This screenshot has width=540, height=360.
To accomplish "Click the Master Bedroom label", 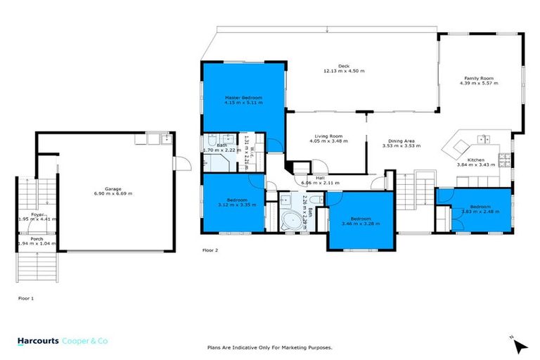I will pyautogui.click(x=243, y=96).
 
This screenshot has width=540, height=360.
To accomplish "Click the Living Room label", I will pyautogui.click(x=328, y=136).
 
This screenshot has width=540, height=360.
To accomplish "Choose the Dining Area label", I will pyautogui.click(x=401, y=141).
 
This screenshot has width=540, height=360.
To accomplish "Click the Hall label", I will pyautogui.click(x=320, y=178).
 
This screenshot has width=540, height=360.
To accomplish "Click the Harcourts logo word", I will pyautogui.click(x=37, y=340).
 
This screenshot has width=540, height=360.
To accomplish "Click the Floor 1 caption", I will pyautogui.click(x=26, y=298).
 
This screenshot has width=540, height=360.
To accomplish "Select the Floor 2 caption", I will pyautogui.click(x=210, y=250).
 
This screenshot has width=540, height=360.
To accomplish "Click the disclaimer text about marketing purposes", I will pyautogui.click(x=269, y=347).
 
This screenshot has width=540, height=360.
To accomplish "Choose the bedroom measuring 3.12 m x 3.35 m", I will pyautogui.click(x=233, y=204).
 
